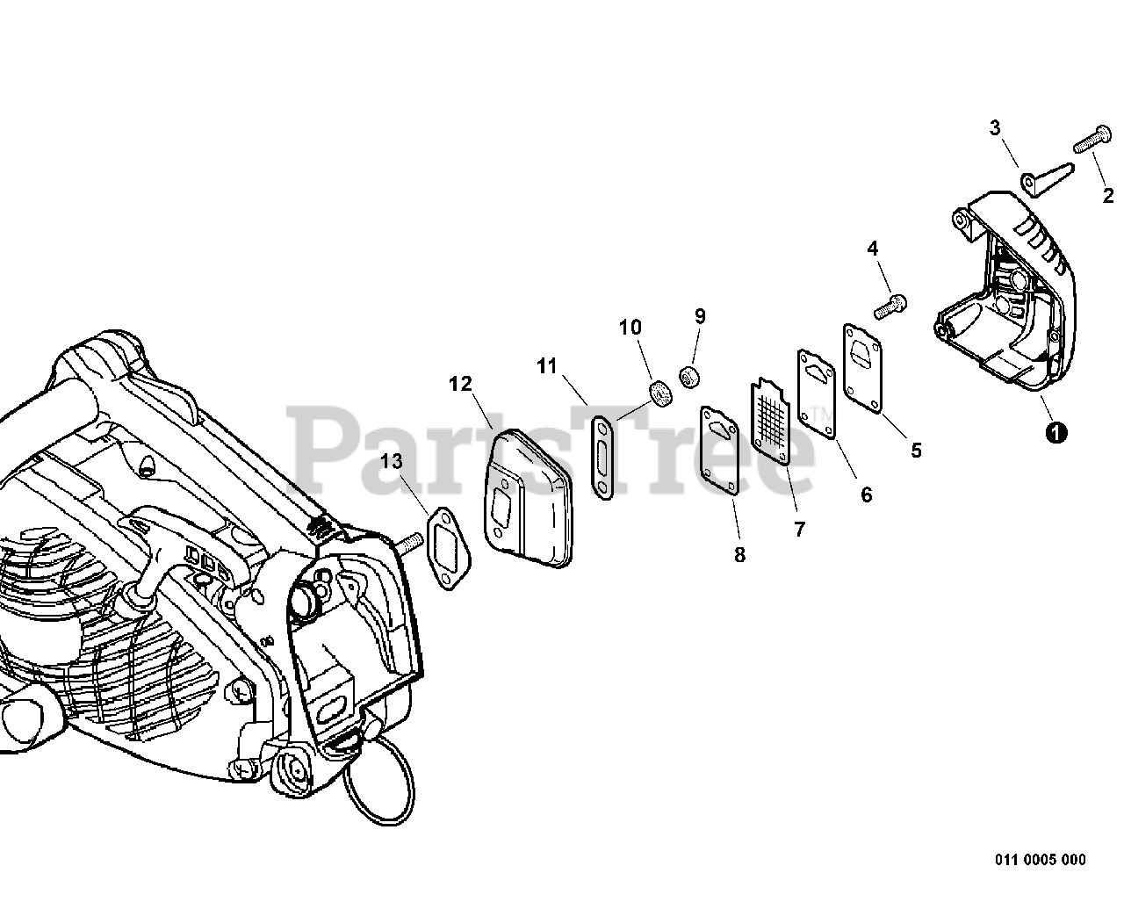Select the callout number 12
coord(460,384)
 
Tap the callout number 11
coord(547,366)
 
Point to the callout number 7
coord(799,529)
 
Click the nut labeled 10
coord(659,393)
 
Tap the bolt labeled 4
coord(890,307)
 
